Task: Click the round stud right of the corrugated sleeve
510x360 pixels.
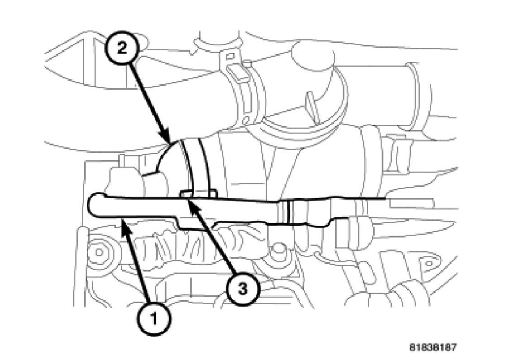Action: (278, 249)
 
